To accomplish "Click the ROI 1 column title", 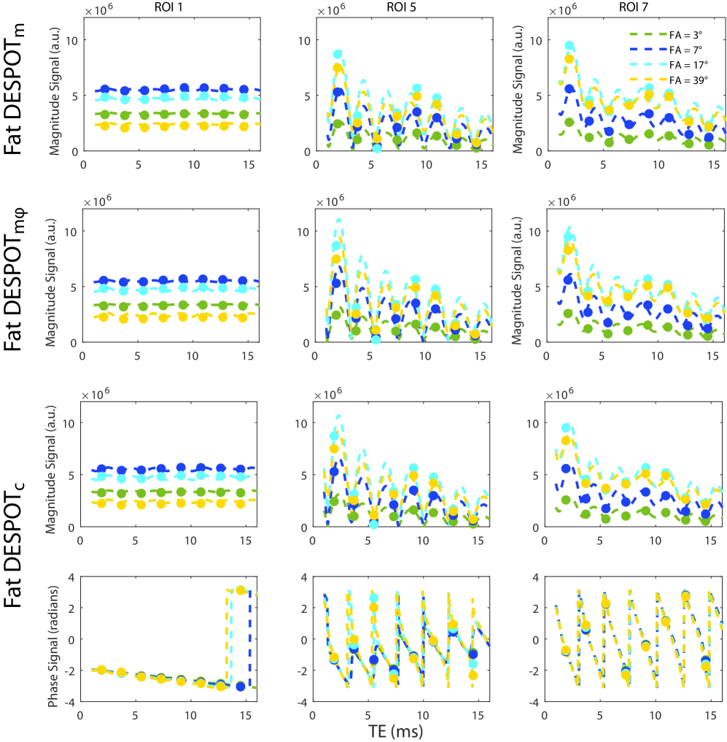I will [x=168, y=7].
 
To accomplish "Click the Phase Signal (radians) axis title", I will [x=53, y=639].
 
